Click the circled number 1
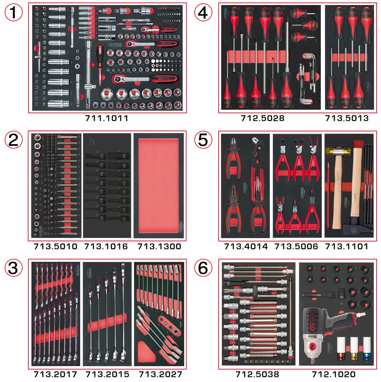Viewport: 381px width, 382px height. (x=14, y=12)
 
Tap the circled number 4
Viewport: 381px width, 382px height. (x=203, y=12)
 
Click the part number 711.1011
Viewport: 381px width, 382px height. (x=107, y=118)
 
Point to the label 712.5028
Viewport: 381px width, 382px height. (x=262, y=118)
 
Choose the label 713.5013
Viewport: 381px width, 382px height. (x=347, y=118)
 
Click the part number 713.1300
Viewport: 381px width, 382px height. (x=159, y=246)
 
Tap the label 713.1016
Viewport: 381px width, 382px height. (x=106, y=246)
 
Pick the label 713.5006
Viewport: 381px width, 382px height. (x=296, y=246)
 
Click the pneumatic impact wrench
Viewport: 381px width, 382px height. (x=321, y=331)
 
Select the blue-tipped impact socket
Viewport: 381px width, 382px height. (x=366, y=349)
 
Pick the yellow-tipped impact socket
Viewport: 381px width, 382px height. (x=354, y=349)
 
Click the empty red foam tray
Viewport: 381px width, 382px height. (x=158, y=185)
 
